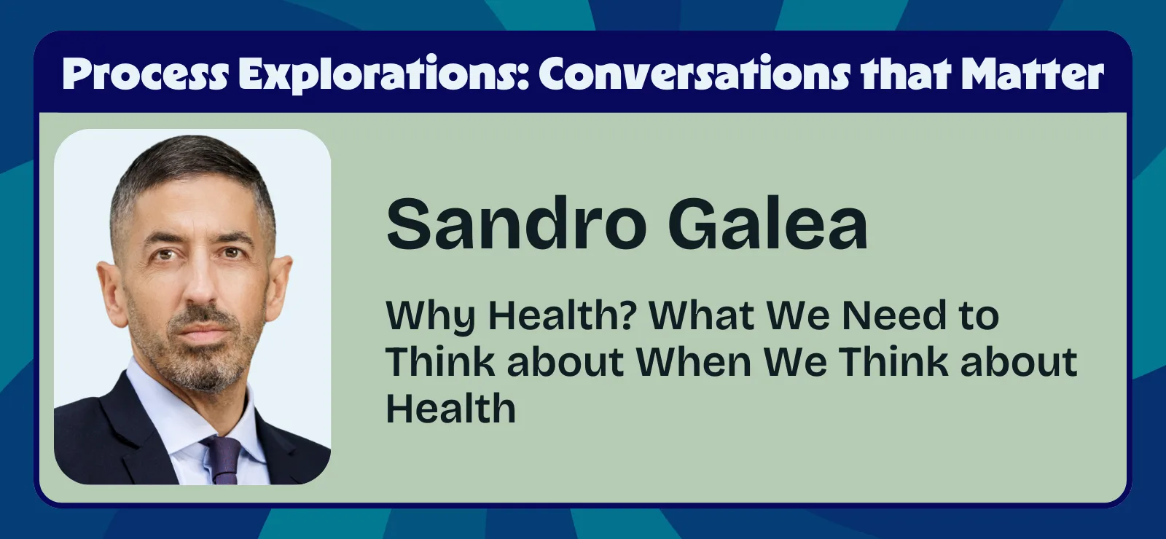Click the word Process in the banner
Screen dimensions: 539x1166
[x=145, y=75]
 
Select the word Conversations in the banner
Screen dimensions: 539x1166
[x=694, y=75]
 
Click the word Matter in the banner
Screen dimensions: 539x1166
[x=1032, y=75]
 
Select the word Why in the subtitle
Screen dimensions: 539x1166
[x=430, y=317]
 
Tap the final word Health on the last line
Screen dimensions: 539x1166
[x=450, y=409]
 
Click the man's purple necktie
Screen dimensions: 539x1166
[x=222, y=459]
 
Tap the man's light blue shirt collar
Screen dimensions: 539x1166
[x=164, y=408]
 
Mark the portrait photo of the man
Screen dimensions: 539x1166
[x=192, y=307]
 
